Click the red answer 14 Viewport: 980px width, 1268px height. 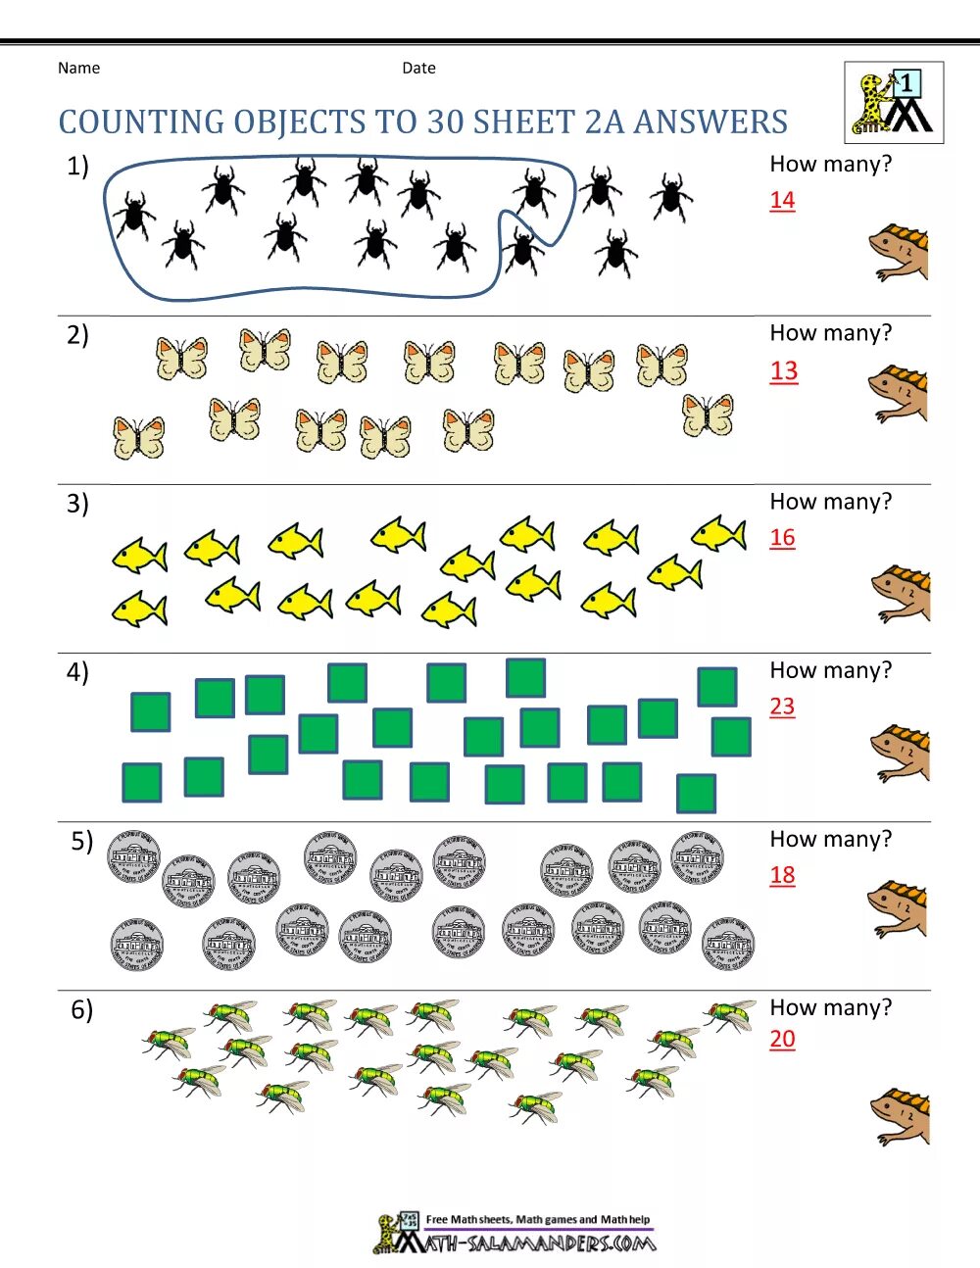pyautogui.click(x=782, y=200)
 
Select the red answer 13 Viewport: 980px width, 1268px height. pyautogui.click(x=784, y=371)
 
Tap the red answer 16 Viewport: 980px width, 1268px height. pyautogui.click(x=782, y=538)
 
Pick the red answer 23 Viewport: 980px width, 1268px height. pyautogui.click(x=782, y=707)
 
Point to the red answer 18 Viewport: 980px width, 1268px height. pyautogui.click(x=782, y=875)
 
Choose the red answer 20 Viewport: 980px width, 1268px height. pyautogui.click(x=782, y=1039)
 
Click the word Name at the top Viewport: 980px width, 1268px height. pyautogui.click(x=78, y=68)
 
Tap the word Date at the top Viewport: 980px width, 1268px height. pyautogui.click(x=418, y=68)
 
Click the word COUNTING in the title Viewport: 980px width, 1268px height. pyautogui.click(x=141, y=122)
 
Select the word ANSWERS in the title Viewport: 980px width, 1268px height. pyautogui.click(x=710, y=122)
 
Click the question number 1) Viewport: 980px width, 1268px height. pyautogui.click(x=77, y=167)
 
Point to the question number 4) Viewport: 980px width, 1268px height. pyautogui.click(x=77, y=672)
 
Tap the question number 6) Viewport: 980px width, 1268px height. pyautogui.click(x=81, y=1009)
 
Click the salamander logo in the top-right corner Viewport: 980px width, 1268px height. pyautogui.click(x=894, y=103)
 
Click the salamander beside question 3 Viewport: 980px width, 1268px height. pyautogui.click(x=902, y=593)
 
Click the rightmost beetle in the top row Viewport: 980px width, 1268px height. pyautogui.click(x=671, y=196)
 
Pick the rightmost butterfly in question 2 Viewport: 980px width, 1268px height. pyautogui.click(x=708, y=415)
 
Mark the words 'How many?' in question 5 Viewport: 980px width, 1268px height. pyautogui.click(x=831, y=839)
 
